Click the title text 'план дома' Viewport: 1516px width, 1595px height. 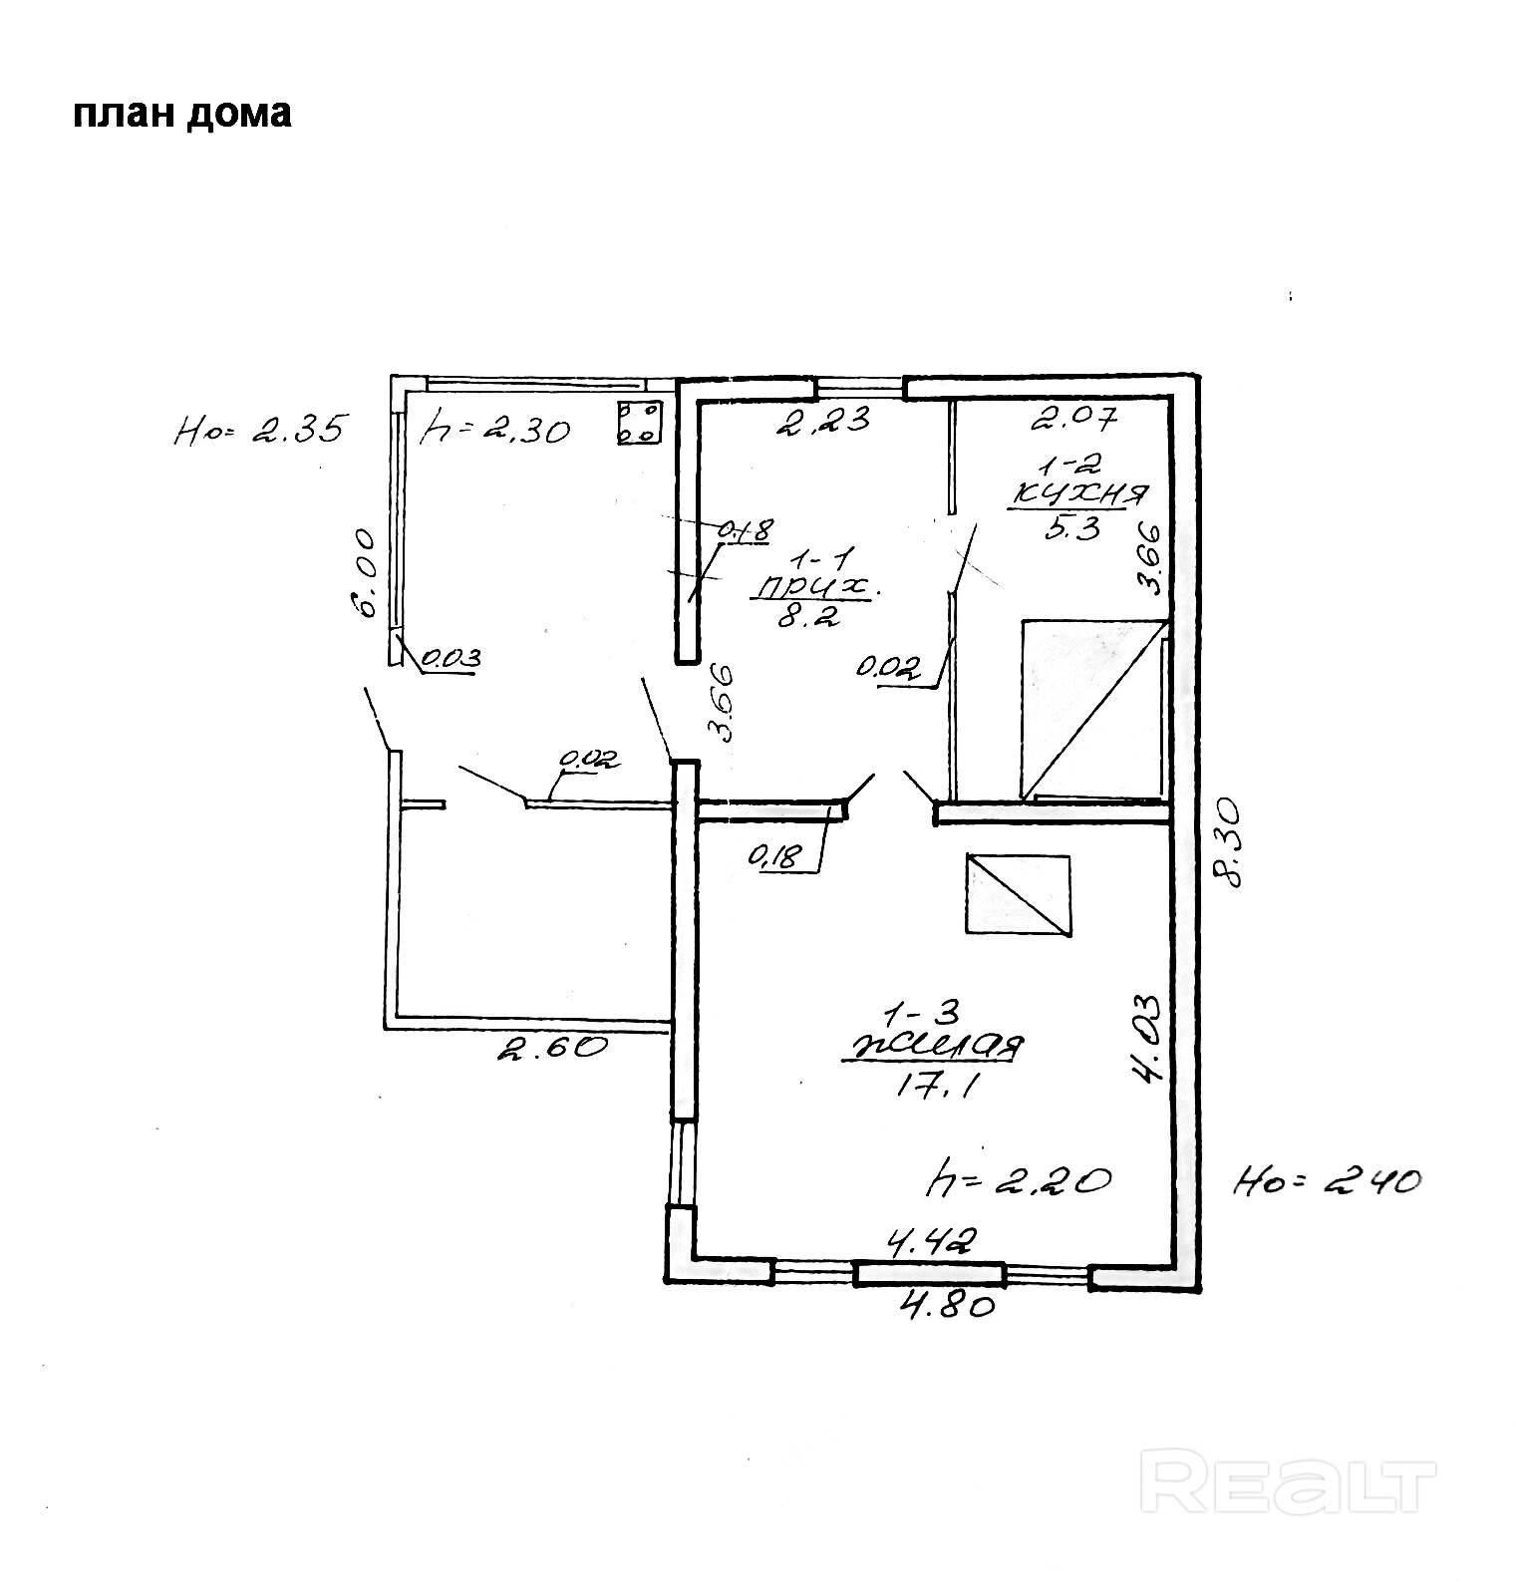(182, 115)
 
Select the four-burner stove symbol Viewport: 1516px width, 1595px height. (640, 422)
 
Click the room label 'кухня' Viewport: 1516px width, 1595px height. (1079, 494)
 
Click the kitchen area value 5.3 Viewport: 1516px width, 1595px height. (1072, 527)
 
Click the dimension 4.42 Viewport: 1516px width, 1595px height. (931, 1242)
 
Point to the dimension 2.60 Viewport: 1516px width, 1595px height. (551, 1047)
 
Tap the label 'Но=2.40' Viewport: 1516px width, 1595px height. (1326, 1183)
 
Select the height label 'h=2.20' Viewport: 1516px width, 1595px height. (1018, 1181)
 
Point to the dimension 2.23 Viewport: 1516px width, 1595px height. (824, 420)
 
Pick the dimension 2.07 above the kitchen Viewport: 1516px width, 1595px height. (1074, 418)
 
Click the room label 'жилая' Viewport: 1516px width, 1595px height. (934, 1049)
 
